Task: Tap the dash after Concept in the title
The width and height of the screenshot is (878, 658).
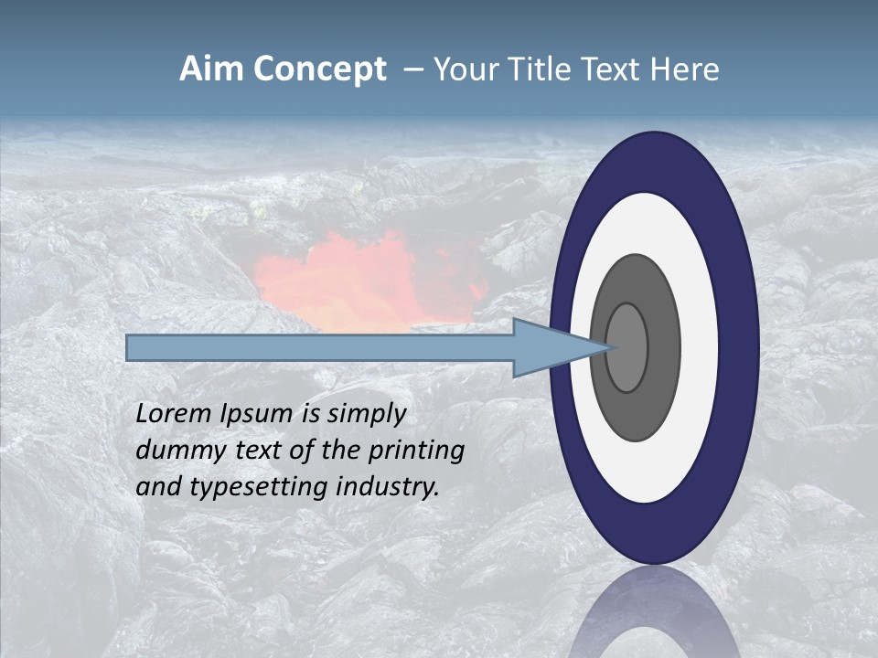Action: click(412, 70)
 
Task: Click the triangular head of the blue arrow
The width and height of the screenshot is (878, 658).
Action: click(549, 347)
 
